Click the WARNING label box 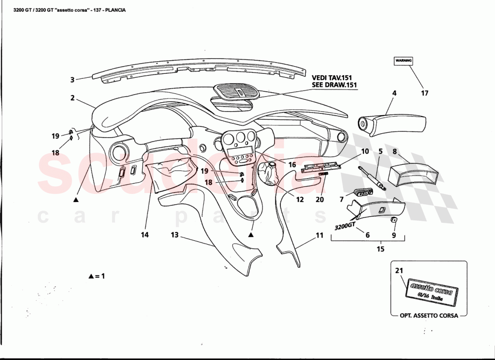point(403,61)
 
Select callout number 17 point(424,94)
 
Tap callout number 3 point(72,81)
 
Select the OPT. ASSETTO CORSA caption point(429,315)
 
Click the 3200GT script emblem point(346,226)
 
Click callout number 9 point(394,234)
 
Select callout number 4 point(394,94)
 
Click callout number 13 point(175,234)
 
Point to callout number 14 point(145,234)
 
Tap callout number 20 point(319,199)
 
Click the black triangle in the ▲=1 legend point(90,276)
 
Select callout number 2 point(72,98)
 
